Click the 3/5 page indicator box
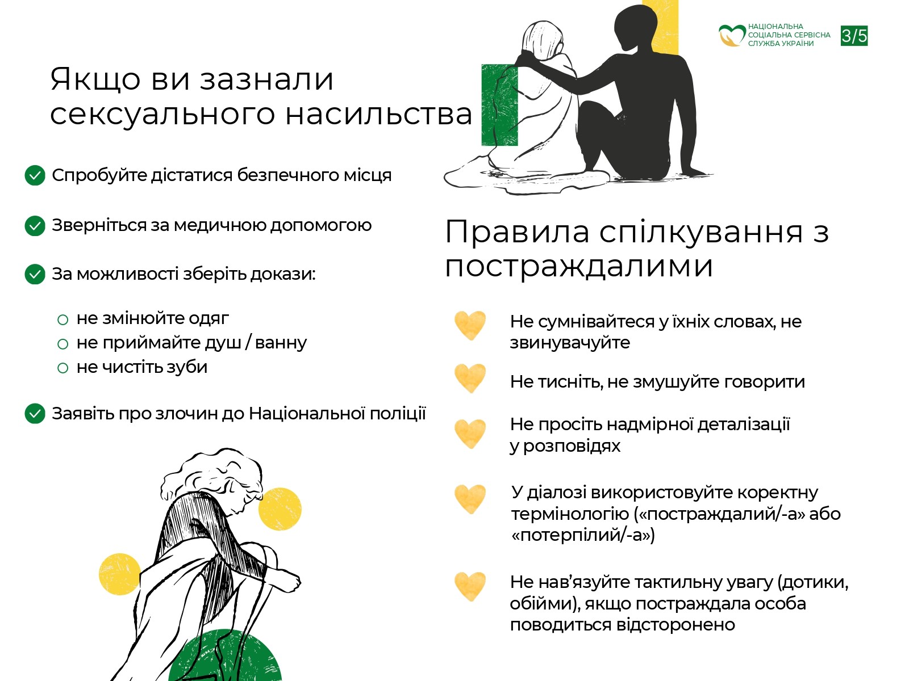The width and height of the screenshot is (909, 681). (854, 36)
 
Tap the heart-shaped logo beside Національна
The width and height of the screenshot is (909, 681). (731, 35)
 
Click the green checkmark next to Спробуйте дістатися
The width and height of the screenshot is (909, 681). (35, 175)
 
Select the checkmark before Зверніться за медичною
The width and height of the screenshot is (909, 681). (35, 225)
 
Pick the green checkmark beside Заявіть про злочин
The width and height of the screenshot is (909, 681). (35, 414)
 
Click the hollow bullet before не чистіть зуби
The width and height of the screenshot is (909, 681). (62, 368)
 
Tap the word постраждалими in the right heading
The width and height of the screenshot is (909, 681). (578, 266)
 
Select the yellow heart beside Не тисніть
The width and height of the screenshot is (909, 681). (470, 378)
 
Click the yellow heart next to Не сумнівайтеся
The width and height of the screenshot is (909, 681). (470, 325)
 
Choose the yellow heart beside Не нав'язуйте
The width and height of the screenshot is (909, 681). (470, 586)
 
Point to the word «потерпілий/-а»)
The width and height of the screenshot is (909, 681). (583, 535)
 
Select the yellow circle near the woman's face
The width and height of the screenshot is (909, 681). (280, 509)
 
